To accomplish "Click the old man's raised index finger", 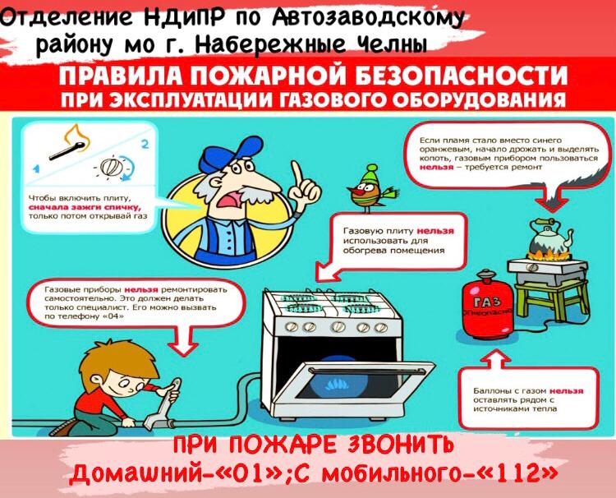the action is (298, 174).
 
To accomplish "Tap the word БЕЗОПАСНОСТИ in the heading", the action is (462, 76).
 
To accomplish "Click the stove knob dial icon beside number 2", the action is (113, 167).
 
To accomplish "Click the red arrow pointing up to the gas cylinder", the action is (496, 360).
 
